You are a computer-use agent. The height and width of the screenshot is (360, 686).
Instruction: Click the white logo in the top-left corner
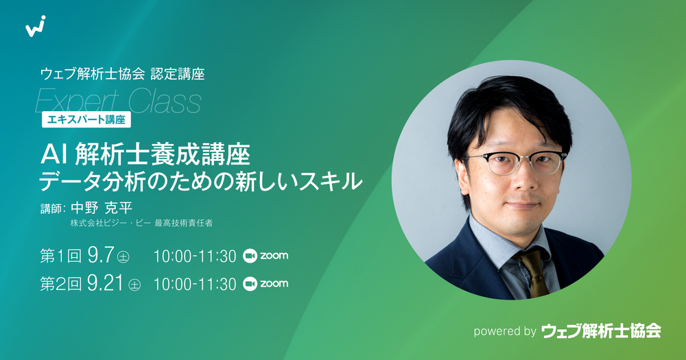click(x=36, y=26)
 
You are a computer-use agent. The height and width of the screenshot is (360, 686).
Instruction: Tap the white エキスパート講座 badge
click(x=86, y=119)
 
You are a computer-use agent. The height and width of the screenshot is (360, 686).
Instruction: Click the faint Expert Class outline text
click(x=118, y=101)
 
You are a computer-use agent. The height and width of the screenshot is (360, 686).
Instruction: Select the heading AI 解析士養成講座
click(x=145, y=155)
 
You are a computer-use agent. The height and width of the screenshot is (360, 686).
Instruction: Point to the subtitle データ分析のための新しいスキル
click(x=201, y=181)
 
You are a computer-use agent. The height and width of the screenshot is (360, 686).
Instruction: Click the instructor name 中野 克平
click(x=102, y=208)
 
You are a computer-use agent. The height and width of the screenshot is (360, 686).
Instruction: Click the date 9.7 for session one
click(x=101, y=255)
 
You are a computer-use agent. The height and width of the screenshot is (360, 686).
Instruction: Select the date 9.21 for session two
click(x=105, y=283)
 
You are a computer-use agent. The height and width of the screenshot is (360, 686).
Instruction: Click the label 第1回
click(x=60, y=256)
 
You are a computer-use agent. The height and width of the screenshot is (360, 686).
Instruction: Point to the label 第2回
click(x=60, y=284)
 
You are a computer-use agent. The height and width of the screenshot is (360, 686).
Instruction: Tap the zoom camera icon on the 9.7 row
click(x=250, y=256)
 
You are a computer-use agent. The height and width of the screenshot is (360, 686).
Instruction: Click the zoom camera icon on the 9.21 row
click(x=250, y=284)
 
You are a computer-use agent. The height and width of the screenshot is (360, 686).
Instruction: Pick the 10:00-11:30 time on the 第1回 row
click(x=195, y=256)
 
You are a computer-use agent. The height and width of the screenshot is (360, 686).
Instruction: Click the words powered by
click(x=505, y=331)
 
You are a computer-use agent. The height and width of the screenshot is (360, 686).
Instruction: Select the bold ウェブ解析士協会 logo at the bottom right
click(x=601, y=331)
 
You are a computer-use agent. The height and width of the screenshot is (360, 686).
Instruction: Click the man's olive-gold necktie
click(x=532, y=271)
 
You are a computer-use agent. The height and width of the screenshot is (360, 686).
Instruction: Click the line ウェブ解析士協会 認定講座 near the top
click(x=123, y=74)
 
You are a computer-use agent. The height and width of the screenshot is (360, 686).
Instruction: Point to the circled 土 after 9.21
click(x=134, y=285)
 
